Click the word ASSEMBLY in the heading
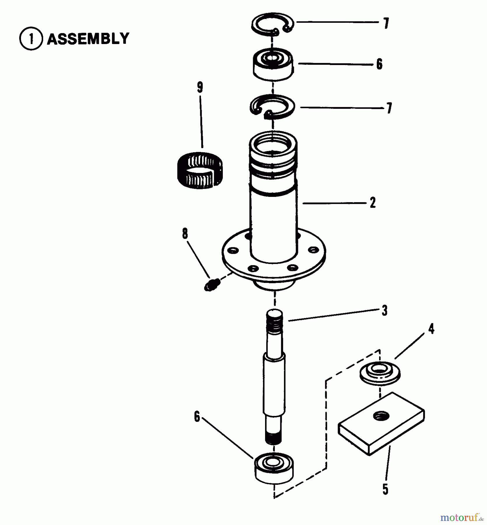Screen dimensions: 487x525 88,39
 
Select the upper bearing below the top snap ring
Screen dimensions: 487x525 273,64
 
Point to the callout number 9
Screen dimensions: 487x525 200,87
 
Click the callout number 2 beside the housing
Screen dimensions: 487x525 372,203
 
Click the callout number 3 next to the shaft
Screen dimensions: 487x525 384,311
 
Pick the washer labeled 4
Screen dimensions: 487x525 380,373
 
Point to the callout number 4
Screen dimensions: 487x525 431,329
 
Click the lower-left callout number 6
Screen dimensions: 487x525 197,417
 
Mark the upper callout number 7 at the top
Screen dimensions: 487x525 386,24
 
